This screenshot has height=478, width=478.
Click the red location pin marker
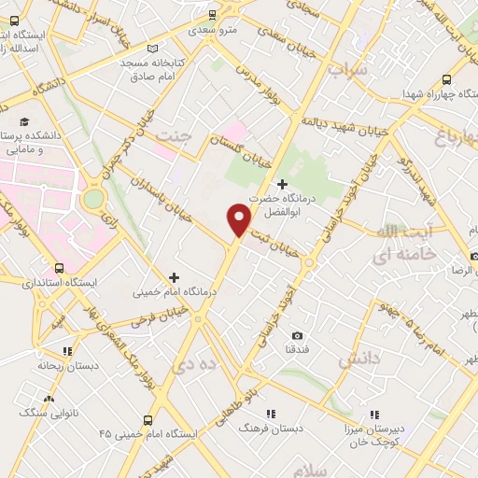pos(239,218)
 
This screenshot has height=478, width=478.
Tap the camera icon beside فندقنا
pos(297,335)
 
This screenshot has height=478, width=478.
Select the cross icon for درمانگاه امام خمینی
pos(175,276)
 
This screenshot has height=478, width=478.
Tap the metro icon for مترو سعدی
pos(213,14)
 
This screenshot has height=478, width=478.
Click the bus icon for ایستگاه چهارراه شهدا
pos(446,80)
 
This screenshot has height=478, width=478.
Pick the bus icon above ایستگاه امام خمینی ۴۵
pos(147,419)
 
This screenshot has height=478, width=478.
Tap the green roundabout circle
pos(93,200)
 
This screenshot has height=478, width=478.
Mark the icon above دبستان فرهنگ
pos(271,413)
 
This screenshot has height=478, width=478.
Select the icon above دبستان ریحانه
pos(67,352)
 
